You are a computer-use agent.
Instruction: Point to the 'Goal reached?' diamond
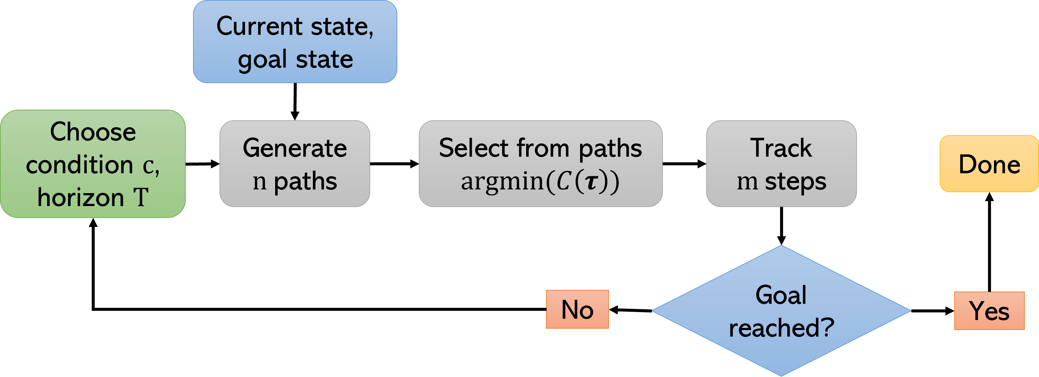pyautogui.click(x=781, y=311)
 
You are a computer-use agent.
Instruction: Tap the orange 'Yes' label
pyautogui.click(x=989, y=311)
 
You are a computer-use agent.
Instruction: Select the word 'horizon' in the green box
pyautogui.click(x=81, y=198)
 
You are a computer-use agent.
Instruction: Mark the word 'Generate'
pyautogui.click(x=294, y=148)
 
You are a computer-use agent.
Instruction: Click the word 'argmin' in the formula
pyautogui.click(x=502, y=182)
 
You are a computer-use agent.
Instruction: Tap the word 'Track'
pyautogui.click(x=781, y=148)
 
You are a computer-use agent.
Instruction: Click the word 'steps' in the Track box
pyautogui.click(x=795, y=182)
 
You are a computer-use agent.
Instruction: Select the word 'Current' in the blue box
pyautogui.click(x=259, y=27)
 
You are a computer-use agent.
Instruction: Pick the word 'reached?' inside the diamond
pyautogui.click(x=781, y=328)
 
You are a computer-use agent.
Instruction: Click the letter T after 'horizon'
pyautogui.click(x=141, y=198)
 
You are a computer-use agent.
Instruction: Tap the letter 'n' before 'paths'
pyautogui.click(x=259, y=183)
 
